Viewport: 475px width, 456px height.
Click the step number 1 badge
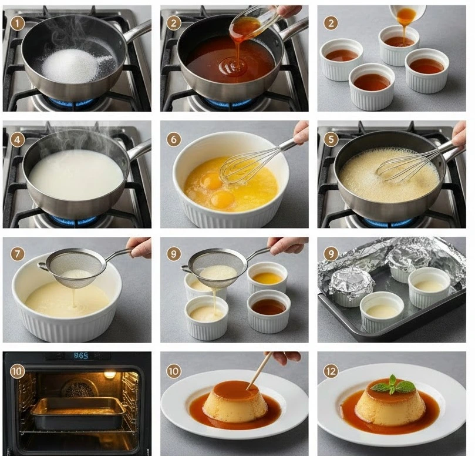tap(17, 24)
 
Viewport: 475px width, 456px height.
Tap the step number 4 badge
tap(17, 139)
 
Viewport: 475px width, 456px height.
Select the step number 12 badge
tap(331, 371)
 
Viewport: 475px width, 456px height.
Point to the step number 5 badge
tap(331, 139)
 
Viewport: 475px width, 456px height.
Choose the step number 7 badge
tap(17, 253)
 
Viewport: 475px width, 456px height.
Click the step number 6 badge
tap(174, 139)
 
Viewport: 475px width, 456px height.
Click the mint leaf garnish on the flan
tap(393, 385)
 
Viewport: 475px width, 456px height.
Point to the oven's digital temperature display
tap(81, 356)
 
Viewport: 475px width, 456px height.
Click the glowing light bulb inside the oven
tap(110, 374)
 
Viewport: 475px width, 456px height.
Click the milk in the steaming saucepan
tap(76, 175)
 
